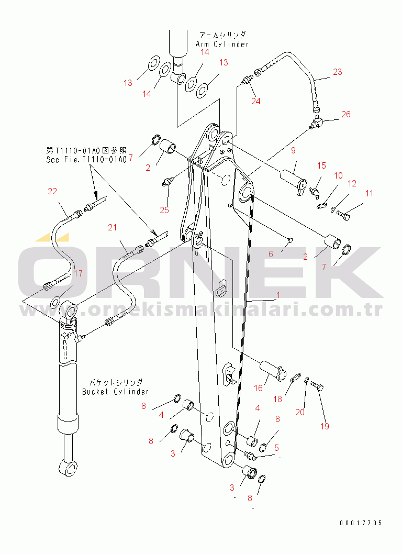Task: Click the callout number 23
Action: pos(337,72)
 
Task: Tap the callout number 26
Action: pos(346,114)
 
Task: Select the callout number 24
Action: pos(255,102)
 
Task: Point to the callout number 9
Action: pos(293,151)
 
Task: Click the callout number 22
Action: pos(52,192)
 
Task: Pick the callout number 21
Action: pos(112,227)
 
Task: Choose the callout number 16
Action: pos(259,388)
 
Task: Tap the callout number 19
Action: pos(325,426)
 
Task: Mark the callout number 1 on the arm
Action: pos(278,295)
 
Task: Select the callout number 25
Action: pos(164,210)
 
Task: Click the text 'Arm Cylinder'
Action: pos(222,45)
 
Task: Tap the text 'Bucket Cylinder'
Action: pos(115,392)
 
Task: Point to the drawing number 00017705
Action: pos(360,523)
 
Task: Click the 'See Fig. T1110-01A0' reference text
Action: pos(86,160)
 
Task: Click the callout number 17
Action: pos(77,273)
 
